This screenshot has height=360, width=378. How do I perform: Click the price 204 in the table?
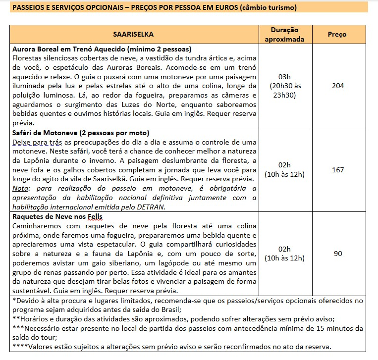(338, 86)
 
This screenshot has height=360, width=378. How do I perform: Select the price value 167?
(338, 170)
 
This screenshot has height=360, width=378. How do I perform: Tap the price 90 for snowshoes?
(338, 254)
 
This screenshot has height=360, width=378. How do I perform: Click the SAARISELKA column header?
(133, 35)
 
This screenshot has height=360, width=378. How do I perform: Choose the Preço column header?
(338, 35)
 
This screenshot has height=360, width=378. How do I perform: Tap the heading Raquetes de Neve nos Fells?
(57, 217)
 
